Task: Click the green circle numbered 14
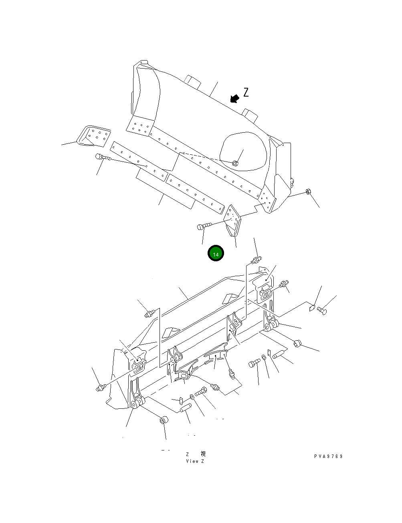point(216,253)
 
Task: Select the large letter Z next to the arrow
point(246,93)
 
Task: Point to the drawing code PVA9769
point(328,456)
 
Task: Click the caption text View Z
point(195,461)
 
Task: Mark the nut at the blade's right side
point(308,191)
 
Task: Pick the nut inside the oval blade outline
point(235,163)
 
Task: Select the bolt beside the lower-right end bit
point(202,227)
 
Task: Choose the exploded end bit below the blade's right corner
point(233,220)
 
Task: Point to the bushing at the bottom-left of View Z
point(164,421)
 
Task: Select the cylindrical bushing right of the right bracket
point(297,343)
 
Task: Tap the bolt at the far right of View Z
point(322,310)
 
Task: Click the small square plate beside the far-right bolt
point(311,308)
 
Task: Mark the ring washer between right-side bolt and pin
point(263,357)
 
